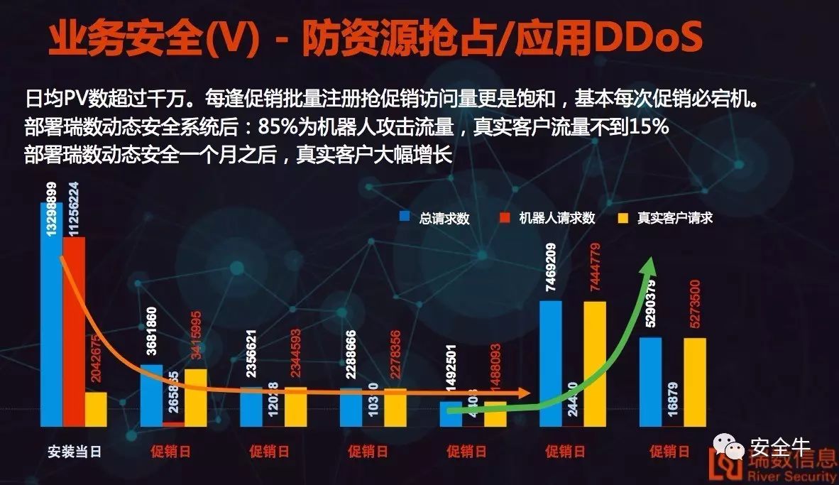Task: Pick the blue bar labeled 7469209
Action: click(x=551, y=363)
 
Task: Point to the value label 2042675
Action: click(x=97, y=359)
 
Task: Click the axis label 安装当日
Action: click(x=75, y=452)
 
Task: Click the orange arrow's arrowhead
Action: click(x=526, y=393)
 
